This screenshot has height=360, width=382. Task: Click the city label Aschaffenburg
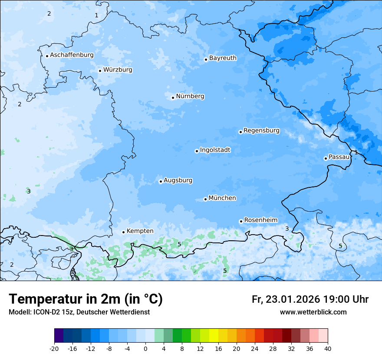(72, 55)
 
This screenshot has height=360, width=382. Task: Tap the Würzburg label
(118, 70)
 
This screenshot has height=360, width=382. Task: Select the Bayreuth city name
(223, 58)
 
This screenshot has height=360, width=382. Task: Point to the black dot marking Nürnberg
(173, 98)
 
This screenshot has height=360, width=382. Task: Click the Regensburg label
(261, 131)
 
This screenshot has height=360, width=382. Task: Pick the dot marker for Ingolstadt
(197, 151)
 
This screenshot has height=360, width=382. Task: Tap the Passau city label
(339, 157)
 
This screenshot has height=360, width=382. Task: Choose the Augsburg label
(178, 180)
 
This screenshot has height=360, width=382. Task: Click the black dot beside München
(205, 200)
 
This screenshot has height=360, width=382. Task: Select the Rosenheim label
(260, 220)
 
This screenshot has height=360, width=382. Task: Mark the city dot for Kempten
(123, 232)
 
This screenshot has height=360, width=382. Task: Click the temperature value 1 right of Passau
(356, 152)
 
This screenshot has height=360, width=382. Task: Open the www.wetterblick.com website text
(313, 312)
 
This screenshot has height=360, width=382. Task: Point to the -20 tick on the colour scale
(54, 348)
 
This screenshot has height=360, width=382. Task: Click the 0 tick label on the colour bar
(145, 348)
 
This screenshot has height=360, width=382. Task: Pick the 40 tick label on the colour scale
(328, 348)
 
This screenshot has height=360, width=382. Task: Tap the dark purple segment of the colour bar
(59, 336)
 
